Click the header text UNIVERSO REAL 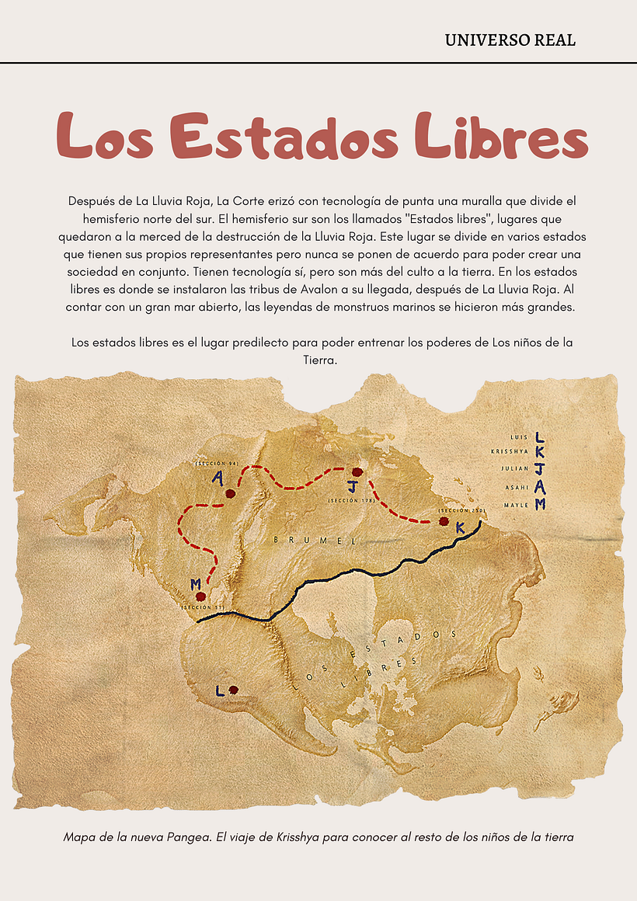point(510,40)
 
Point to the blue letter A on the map point(218,478)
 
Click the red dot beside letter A point(230,493)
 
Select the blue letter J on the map point(353,488)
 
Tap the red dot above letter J point(357,472)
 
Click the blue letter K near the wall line point(460,528)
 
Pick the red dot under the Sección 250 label point(444,521)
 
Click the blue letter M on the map point(196,583)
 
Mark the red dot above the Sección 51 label point(201,597)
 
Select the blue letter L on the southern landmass point(221,691)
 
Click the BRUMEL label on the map point(315,540)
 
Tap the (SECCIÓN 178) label point(351,501)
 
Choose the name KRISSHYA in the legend point(510,451)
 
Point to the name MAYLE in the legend point(516,505)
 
